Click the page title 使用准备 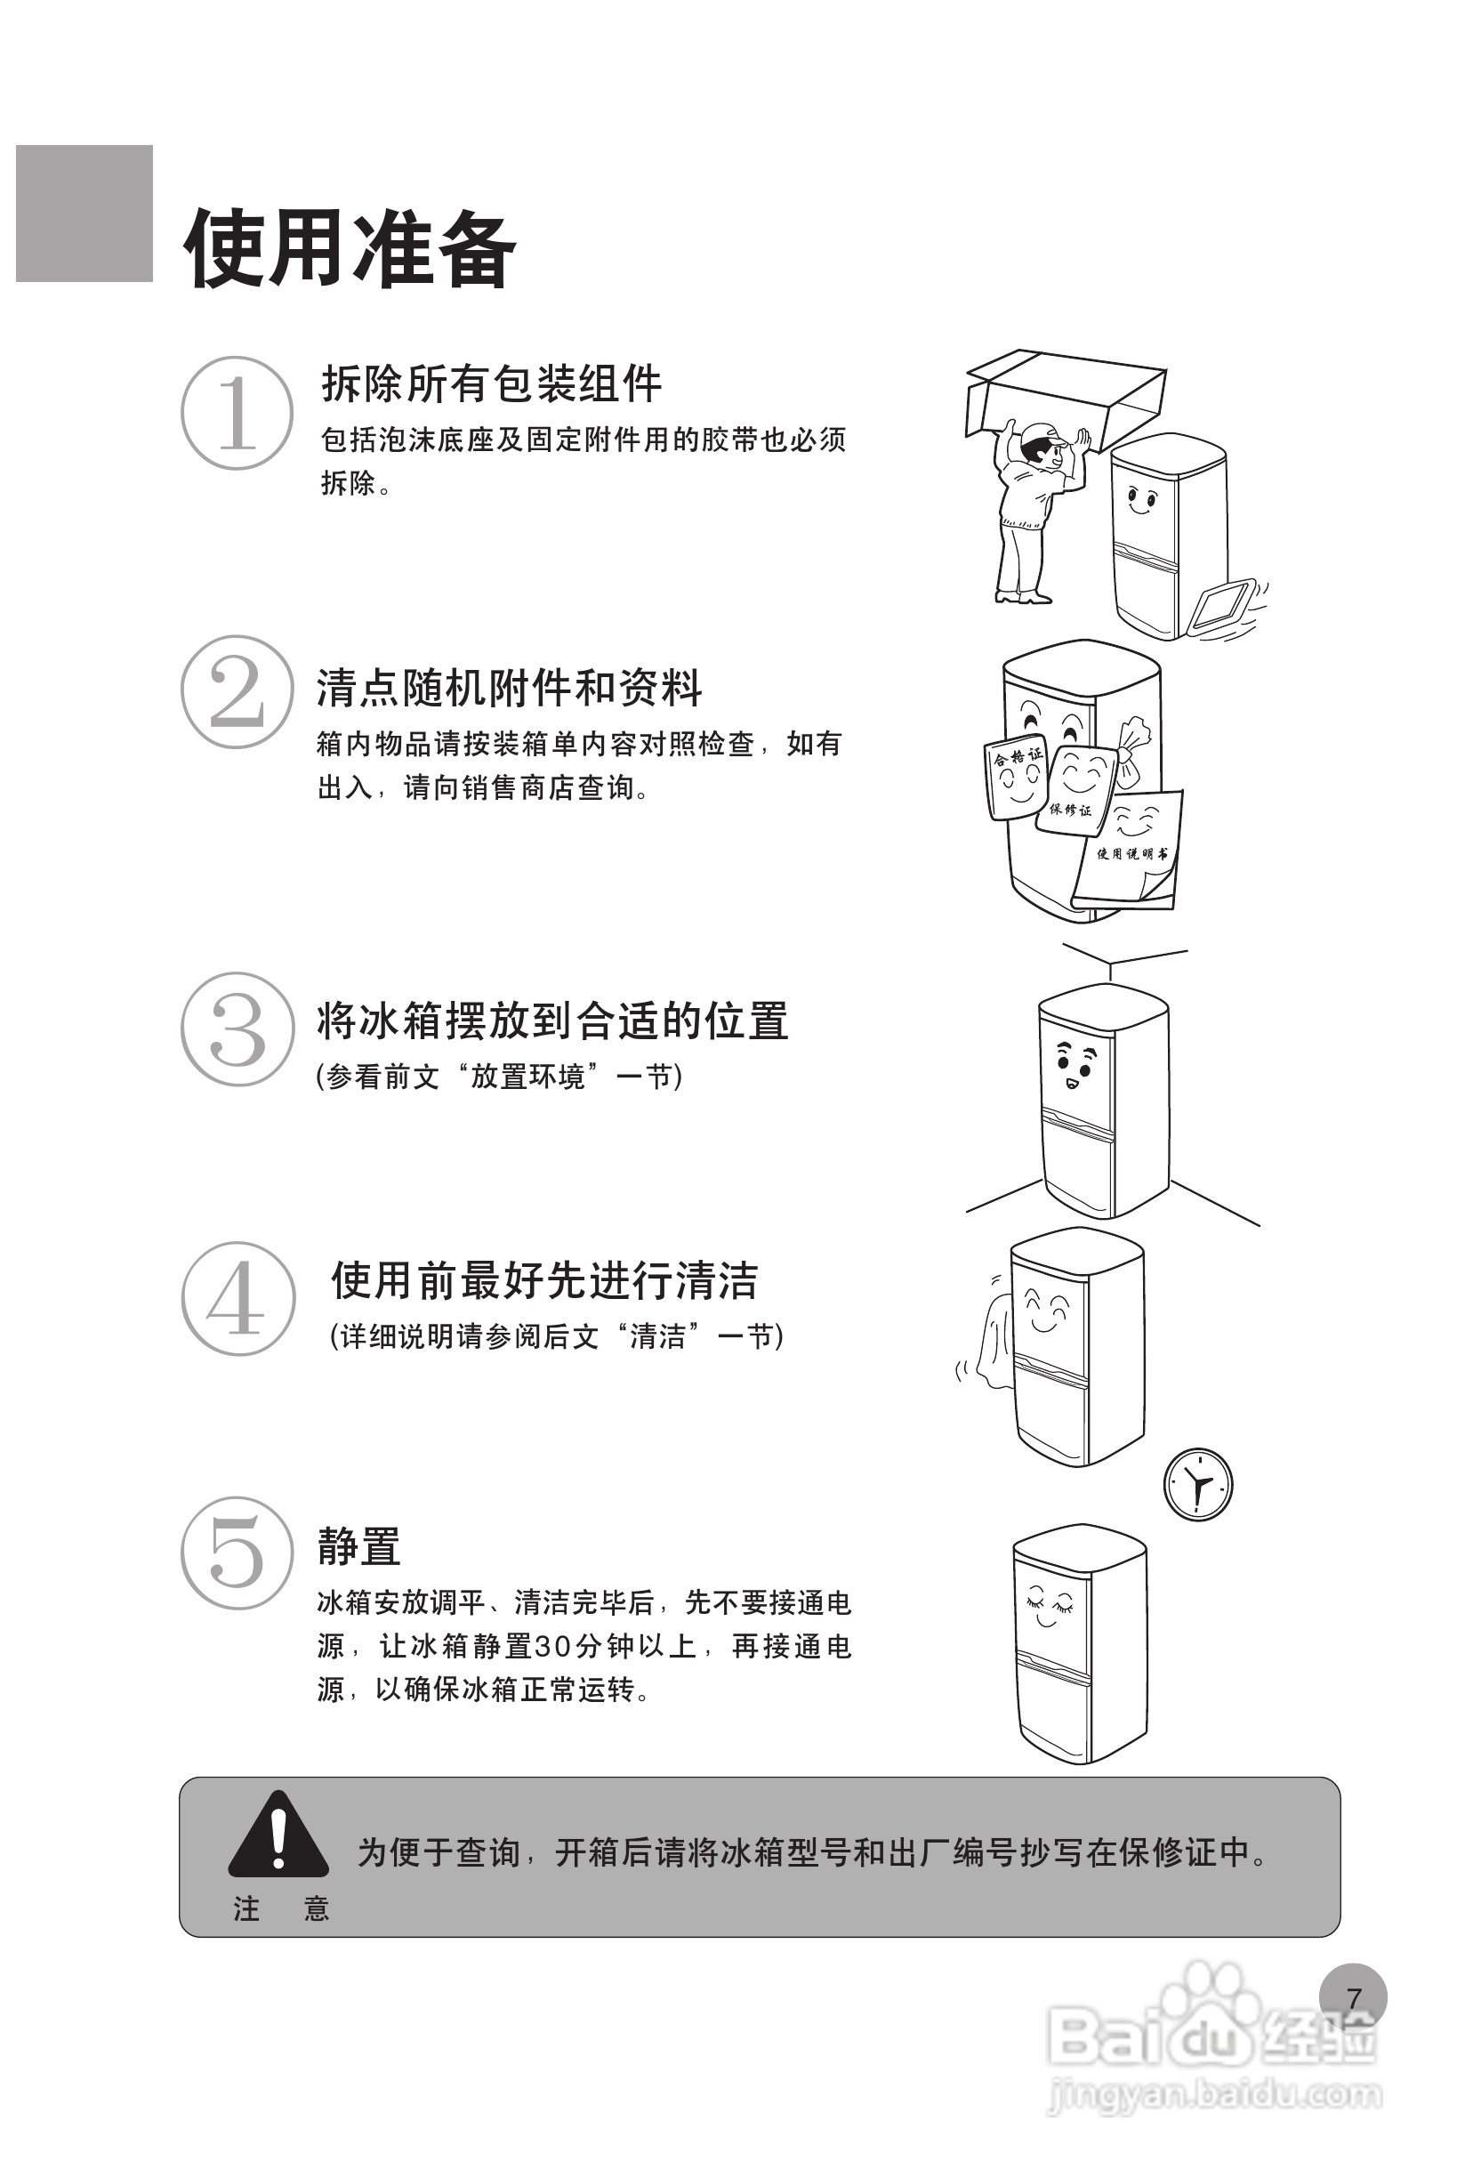coord(350,247)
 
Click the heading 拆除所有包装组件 coord(491,383)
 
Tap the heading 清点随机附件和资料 coord(509,688)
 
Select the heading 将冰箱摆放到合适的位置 coord(551,1020)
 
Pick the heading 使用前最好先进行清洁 coord(543,1280)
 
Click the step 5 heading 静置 coord(358,1545)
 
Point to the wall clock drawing coord(1197,1485)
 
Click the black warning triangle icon coord(278,1833)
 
